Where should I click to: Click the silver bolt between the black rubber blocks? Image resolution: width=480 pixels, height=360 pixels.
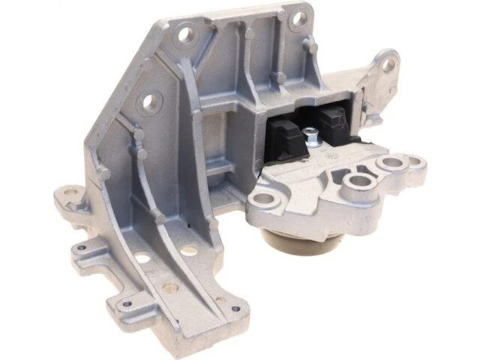click(310, 136)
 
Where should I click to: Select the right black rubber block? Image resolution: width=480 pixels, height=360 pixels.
click(334, 121)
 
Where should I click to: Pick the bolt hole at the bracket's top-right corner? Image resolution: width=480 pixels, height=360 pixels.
click(299, 15)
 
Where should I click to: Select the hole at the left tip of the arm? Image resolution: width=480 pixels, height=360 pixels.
click(263, 199)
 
